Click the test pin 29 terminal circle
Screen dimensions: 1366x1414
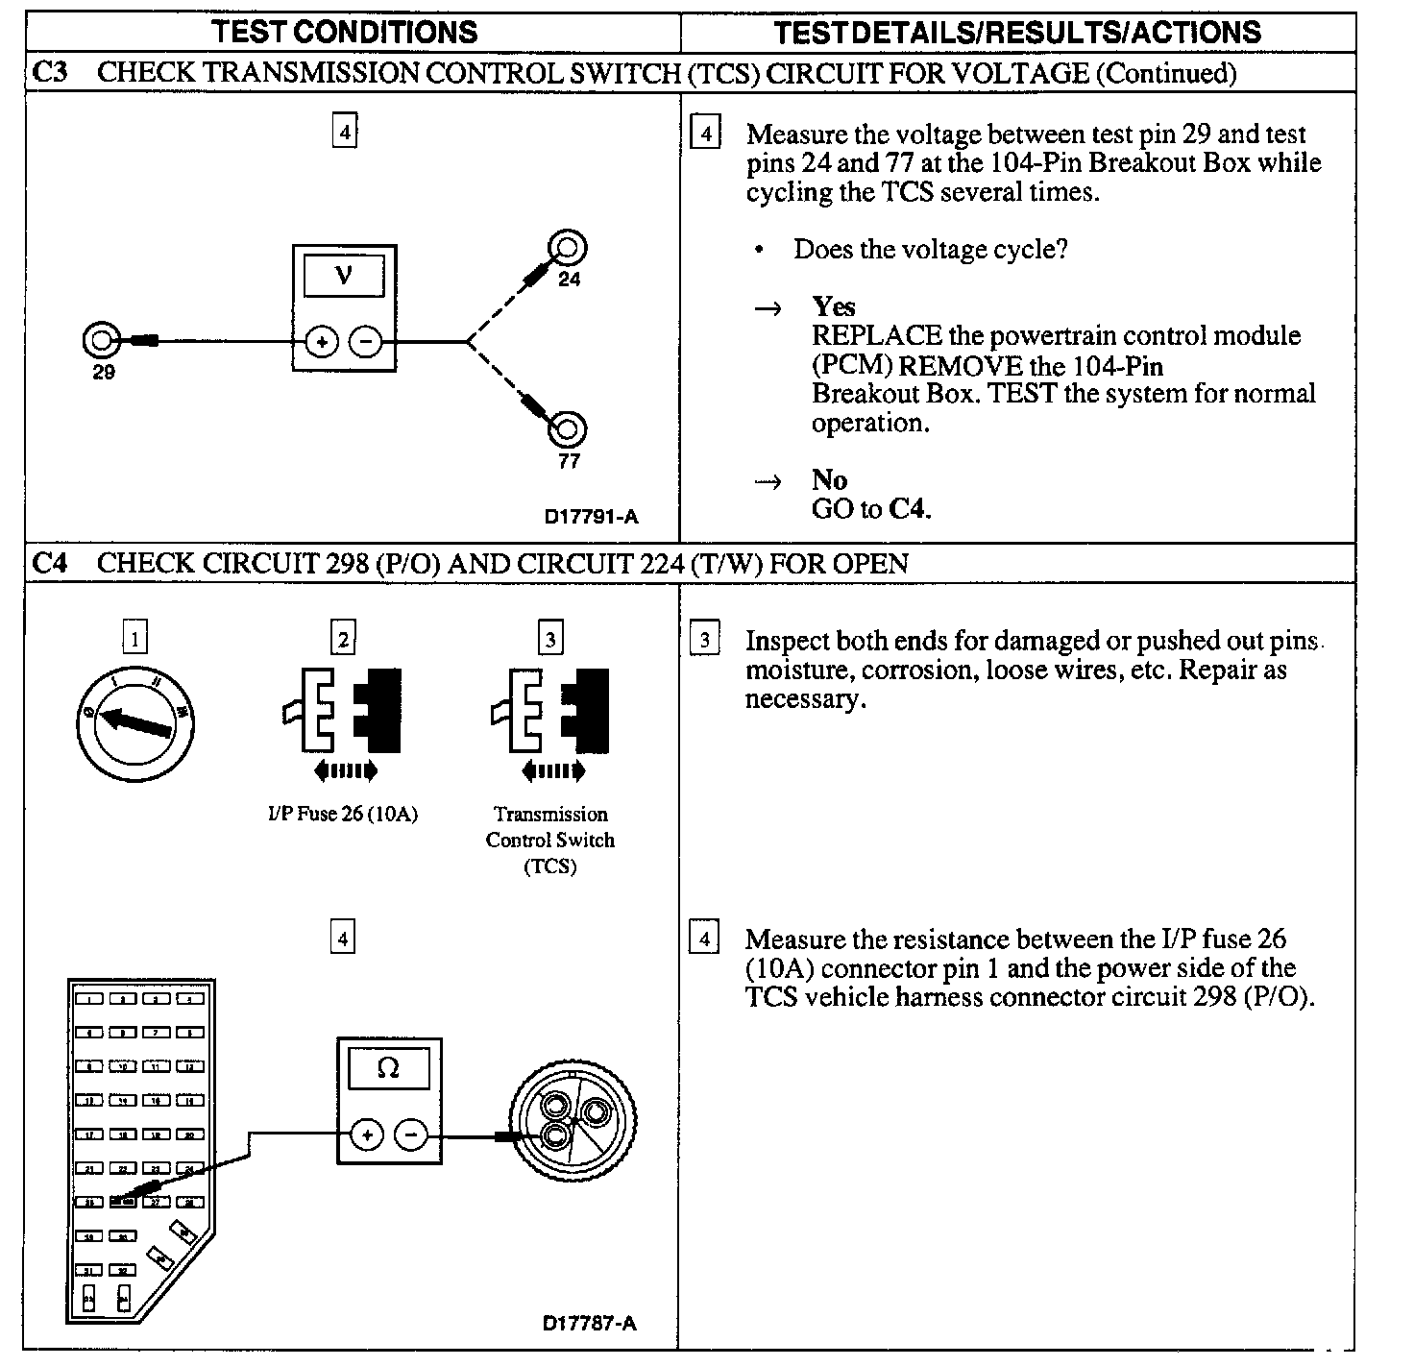point(99,340)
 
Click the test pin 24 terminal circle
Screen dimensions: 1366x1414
point(567,250)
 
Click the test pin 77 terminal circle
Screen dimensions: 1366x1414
point(567,428)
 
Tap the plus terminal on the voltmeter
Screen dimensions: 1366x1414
point(322,341)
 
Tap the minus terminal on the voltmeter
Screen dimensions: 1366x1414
point(365,341)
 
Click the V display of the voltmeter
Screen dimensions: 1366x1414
point(343,277)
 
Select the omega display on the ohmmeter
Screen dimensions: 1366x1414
point(388,1067)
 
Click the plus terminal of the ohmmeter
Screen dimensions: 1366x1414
point(367,1135)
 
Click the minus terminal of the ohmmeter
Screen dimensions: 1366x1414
point(411,1135)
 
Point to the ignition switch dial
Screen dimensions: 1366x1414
point(135,721)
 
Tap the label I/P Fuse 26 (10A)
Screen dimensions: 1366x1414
point(343,814)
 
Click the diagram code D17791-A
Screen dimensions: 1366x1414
point(591,517)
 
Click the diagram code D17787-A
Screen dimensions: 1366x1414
point(589,1324)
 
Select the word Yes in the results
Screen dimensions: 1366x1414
point(833,306)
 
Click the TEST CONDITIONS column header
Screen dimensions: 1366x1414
point(344,33)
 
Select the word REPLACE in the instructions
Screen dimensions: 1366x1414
point(876,336)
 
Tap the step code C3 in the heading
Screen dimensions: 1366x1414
point(50,73)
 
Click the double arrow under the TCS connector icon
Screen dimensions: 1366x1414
point(551,770)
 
